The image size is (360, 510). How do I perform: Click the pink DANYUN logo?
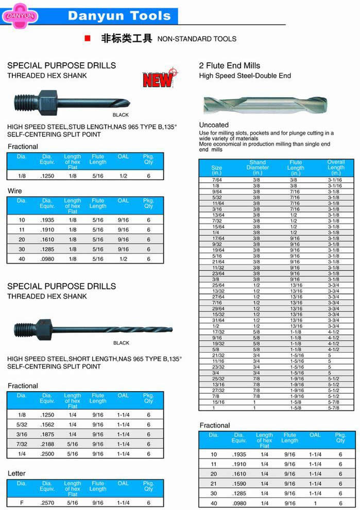click(20, 15)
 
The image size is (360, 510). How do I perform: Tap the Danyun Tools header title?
click(119, 15)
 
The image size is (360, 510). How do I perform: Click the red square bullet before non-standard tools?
click(87, 39)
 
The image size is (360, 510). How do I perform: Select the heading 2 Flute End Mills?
click(229, 65)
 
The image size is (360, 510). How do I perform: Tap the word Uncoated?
click(214, 125)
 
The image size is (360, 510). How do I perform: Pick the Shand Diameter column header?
click(258, 167)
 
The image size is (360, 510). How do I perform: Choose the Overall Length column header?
click(336, 167)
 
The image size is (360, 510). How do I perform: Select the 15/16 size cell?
click(217, 402)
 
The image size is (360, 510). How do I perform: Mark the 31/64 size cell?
click(217, 320)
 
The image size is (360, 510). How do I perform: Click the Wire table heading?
click(14, 191)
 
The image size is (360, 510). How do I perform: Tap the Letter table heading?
click(16, 473)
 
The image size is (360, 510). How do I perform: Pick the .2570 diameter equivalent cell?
click(47, 503)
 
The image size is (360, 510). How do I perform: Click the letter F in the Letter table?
click(22, 503)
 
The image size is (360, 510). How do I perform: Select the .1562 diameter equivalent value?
click(47, 425)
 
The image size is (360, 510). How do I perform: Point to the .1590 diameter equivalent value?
click(239, 484)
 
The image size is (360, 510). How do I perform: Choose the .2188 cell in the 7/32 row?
click(47, 444)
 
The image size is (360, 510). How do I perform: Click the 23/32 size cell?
click(217, 367)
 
